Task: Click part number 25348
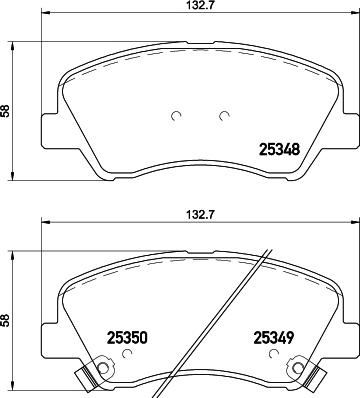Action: pos(279,151)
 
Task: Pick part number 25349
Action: pos(273,339)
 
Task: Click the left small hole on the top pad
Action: pos(175,114)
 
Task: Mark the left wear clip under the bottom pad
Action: pos(93,378)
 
